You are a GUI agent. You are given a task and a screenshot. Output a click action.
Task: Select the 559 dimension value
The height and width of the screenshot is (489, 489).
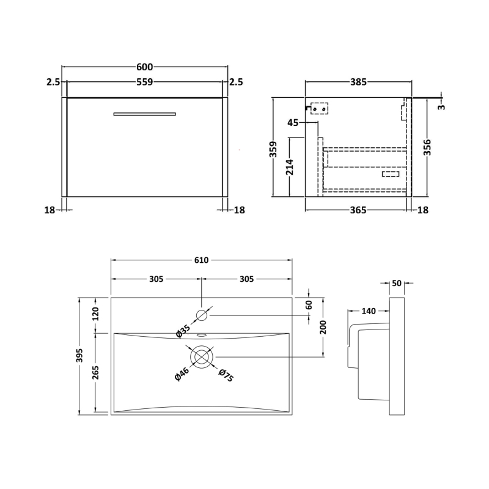pos(145,82)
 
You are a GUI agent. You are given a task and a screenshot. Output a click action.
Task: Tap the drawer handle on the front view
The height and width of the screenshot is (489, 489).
pos(145,113)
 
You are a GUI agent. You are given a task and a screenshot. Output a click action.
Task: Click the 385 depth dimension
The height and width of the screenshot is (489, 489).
pos(358,82)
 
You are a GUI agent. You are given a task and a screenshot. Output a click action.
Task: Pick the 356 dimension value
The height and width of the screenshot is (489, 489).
pos(427,148)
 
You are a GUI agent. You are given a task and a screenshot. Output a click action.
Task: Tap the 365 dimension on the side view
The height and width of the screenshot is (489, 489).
pos(358,210)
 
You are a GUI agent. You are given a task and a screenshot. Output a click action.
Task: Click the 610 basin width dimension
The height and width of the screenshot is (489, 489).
pos(201,260)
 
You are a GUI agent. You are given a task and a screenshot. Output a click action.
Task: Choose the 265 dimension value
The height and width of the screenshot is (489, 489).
pos(95,372)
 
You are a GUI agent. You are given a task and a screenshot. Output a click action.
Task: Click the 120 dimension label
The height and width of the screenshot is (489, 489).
pos(95,314)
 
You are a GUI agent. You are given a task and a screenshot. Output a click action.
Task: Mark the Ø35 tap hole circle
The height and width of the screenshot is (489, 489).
pos(202,315)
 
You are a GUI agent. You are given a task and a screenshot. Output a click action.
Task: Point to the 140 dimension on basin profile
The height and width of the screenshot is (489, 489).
pos(368,311)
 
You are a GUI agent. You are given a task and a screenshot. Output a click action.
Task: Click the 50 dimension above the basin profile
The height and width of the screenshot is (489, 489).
pos(397,283)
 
